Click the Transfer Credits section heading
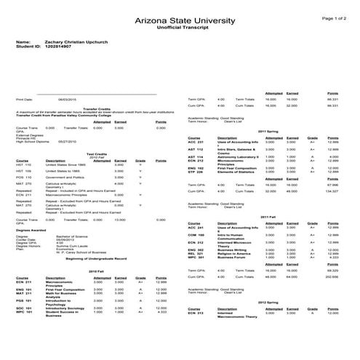pyautogui.click(x=96, y=106)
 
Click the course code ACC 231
pyautogui.click(x=196, y=143)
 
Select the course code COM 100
pyautogui.click(x=196, y=235)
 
